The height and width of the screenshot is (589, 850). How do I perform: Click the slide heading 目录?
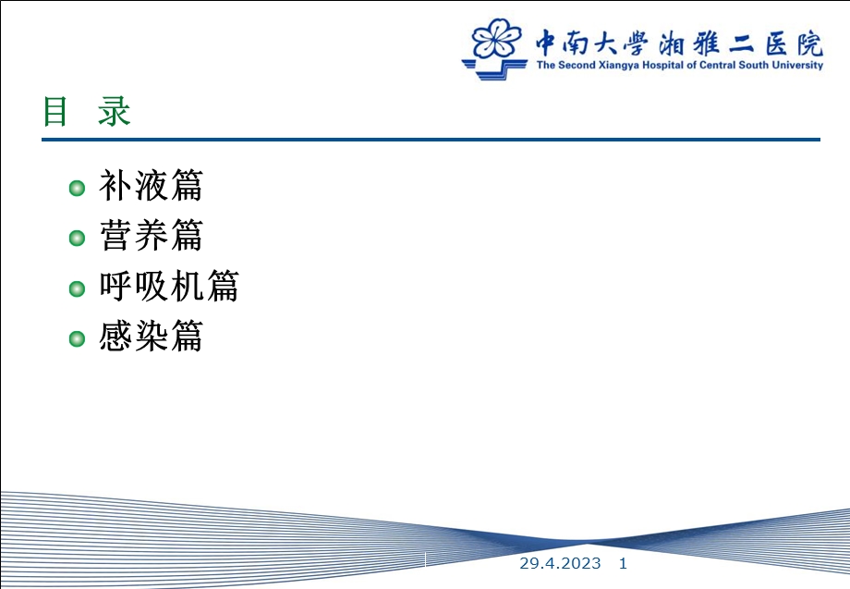87,112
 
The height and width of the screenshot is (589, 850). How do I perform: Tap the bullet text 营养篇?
151,238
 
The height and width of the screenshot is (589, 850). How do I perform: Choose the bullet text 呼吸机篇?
169,288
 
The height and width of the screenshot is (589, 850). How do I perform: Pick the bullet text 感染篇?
151,337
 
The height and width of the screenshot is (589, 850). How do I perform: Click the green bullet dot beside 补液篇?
78,189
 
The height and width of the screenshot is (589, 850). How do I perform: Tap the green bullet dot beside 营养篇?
78,239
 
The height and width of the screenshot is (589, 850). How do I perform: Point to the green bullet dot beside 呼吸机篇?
78,288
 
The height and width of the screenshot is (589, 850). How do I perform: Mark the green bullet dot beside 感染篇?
78,338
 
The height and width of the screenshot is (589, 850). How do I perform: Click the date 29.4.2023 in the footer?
560,563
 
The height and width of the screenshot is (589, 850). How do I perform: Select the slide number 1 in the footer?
623,563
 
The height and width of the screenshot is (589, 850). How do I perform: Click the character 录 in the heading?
115,112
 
